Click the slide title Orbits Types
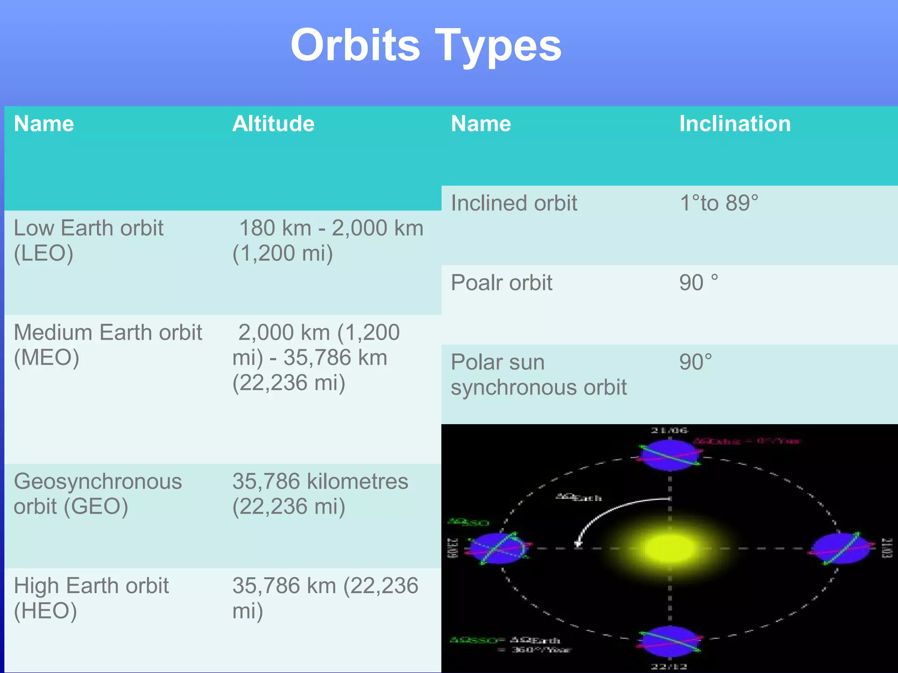point(426,45)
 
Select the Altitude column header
point(273,124)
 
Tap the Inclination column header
point(735,124)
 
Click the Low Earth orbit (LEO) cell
point(89,241)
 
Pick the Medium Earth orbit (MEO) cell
point(108,345)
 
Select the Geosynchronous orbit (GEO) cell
point(98,494)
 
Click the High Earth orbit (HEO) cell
point(91,598)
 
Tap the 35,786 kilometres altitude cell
point(320,494)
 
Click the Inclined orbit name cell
point(514,203)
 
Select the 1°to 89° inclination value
point(719,203)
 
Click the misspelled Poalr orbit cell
point(501,283)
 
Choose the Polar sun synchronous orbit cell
point(538,375)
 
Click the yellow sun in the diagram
point(670,548)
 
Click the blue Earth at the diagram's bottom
point(670,641)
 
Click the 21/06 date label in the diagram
point(669,430)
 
